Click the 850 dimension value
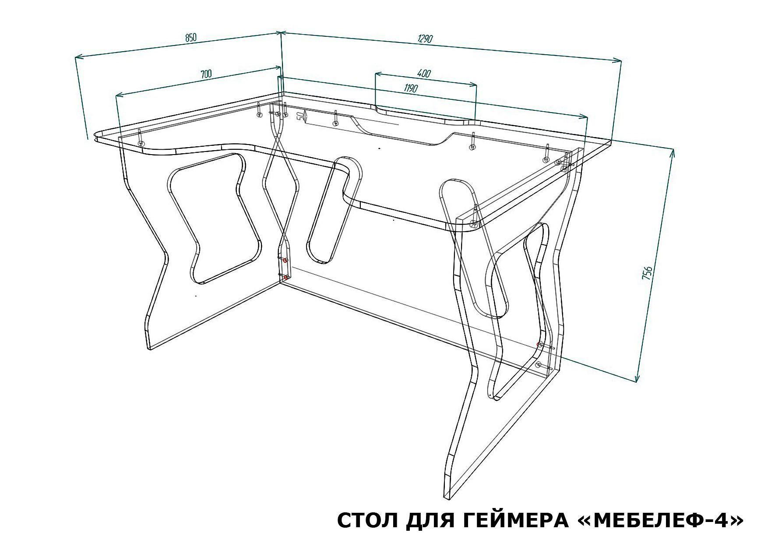(x=190, y=38)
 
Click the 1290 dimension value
(x=425, y=39)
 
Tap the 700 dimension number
(x=206, y=74)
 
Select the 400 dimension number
(x=424, y=74)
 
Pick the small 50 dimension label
(x=300, y=116)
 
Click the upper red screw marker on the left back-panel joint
(x=285, y=261)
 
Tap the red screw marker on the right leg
(x=539, y=345)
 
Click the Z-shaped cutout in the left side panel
(x=214, y=218)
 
